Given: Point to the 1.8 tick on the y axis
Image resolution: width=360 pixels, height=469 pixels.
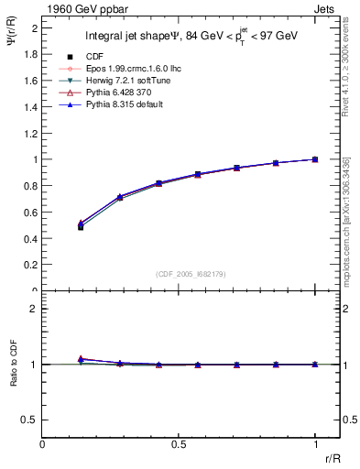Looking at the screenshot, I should [30, 54].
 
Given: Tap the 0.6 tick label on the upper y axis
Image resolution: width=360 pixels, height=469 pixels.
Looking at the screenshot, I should [30, 213].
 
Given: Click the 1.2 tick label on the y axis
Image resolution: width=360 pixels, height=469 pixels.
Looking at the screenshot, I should [30, 133].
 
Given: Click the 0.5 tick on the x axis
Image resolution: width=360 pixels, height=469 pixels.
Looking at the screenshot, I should [179, 443].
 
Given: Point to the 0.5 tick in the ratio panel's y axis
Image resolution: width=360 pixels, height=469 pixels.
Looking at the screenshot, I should [30, 420].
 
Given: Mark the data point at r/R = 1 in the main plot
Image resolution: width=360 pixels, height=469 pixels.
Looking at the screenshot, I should [315, 159].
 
